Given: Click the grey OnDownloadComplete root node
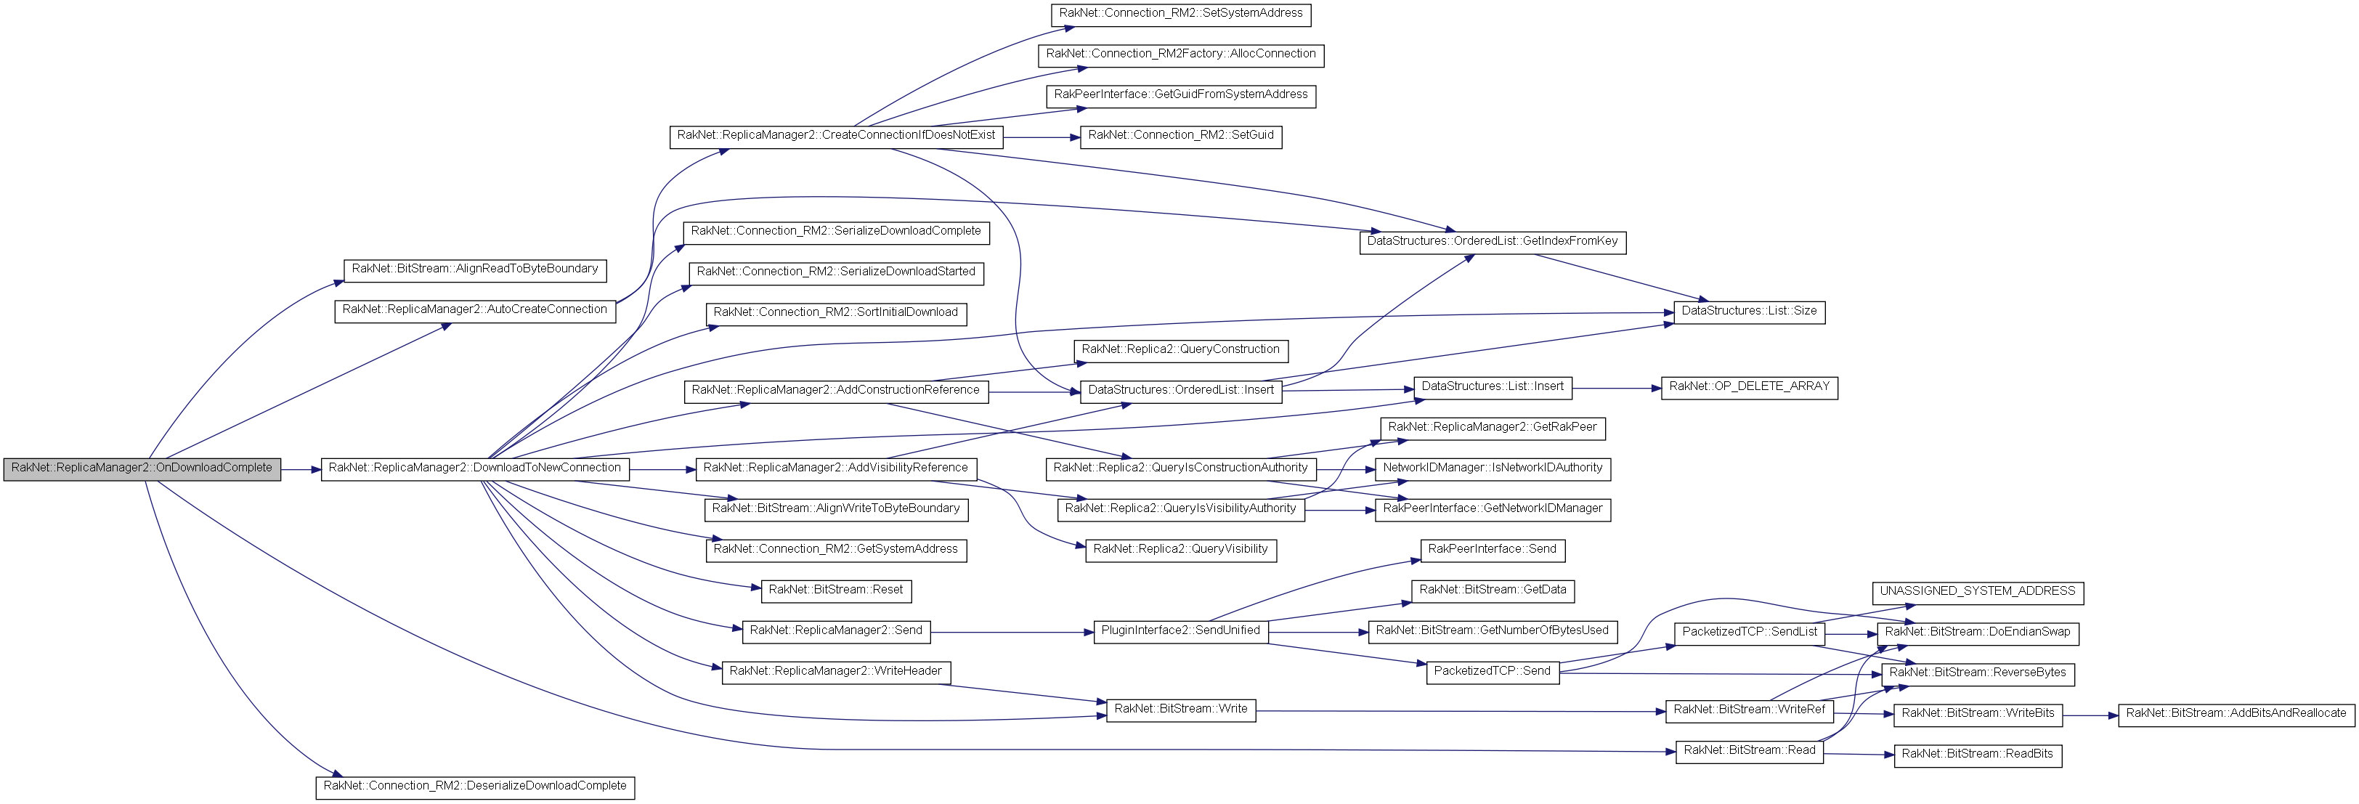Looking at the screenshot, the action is (142, 469).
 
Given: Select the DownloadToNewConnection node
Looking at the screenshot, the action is (474, 469).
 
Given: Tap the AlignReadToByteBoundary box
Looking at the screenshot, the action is (474, 270).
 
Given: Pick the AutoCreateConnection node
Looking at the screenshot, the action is (474, 310).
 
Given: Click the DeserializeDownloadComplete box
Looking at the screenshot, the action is (474, 787).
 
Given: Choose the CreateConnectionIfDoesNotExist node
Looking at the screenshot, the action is (836, 137).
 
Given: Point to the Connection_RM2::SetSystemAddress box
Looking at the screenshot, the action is (1180, 15).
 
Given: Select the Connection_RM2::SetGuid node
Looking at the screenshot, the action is (1180, 137).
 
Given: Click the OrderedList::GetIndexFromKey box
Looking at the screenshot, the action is (1493, 243).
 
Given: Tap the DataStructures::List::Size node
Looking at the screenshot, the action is (1749, 312).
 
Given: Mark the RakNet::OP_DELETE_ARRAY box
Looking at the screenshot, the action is (1749, 387).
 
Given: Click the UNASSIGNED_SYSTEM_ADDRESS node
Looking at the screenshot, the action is (1977, 593).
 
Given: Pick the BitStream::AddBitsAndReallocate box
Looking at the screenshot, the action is (2236, 714).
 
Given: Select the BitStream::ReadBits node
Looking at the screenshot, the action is (1977, 755).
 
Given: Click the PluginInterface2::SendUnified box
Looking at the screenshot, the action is (1180, 632).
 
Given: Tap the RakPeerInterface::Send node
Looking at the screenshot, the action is (1493, 551).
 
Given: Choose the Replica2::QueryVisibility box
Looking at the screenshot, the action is (1180, 551).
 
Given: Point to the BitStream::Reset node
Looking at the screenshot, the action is (836, 590).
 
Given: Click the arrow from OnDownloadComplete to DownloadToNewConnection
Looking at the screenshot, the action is (301, 470).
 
